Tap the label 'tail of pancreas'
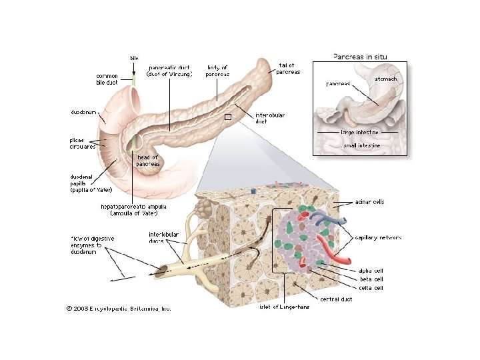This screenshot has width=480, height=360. click(288, 68)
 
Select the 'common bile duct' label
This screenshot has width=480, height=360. click(107, 79)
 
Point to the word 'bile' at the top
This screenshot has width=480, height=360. click(134, 59)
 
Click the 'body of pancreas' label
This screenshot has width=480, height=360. click(217, 71)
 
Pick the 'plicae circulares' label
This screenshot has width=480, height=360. click(83, 143)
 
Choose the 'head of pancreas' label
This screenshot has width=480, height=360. click(148, 161)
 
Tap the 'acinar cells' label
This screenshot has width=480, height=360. click(369, 201)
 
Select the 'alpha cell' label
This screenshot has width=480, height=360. click(370, 271)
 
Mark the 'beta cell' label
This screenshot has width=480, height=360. click(370, 279)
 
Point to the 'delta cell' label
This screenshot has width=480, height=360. click(370, 288)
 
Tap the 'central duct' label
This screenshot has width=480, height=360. click(336, 299)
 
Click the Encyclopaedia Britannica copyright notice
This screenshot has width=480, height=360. click(119, 308)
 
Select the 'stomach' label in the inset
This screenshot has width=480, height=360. click(385, 79)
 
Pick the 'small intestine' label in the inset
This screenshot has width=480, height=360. click(361, 144)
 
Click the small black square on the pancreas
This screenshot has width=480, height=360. click(227, 117)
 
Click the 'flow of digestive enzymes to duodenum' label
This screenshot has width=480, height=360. click(93, 245)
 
